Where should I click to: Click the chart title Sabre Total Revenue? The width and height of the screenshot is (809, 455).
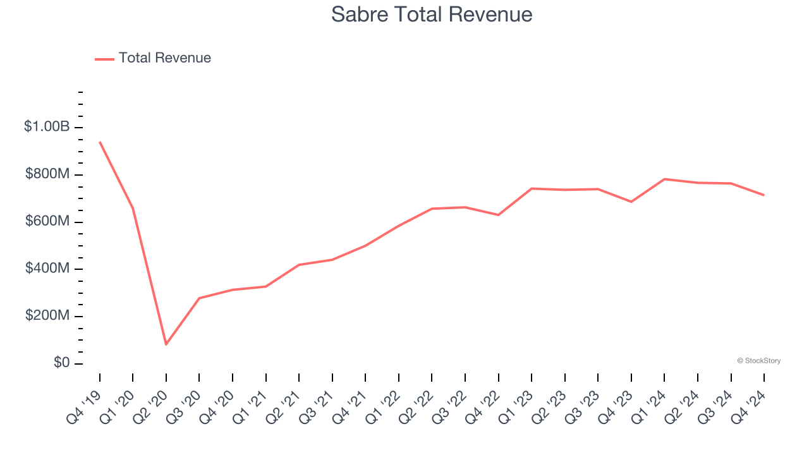click(x=432, y=15)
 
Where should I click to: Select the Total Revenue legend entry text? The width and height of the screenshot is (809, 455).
click(x=164, y=58)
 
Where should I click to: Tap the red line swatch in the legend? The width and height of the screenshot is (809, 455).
click(x=104, y=59)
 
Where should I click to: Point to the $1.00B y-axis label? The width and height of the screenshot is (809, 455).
click(x=47, y=126)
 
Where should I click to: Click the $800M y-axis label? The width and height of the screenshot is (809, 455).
click(x=47, y=174)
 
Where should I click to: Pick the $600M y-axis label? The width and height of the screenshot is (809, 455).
click(x=47, y=221)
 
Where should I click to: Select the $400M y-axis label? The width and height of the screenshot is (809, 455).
click(x=47, y=269)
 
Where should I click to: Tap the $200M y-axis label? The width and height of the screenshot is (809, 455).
click(x=47, y=316)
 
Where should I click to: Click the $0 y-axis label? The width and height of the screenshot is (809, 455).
click(x=62, y=363)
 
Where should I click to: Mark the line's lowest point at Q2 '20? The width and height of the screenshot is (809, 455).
click(x=166, y=344)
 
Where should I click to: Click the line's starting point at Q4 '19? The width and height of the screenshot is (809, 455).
click(x=100, y=142)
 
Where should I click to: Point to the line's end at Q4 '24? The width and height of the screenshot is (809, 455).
click(x=763, y=195)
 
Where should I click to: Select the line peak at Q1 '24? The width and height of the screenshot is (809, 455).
click(x=664, y=179)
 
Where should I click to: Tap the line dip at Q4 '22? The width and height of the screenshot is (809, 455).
click(x=498, y=215)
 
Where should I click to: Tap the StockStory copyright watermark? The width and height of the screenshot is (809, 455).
click(x=758, y=361)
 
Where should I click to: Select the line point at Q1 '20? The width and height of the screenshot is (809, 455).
click(x=133, y=208)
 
